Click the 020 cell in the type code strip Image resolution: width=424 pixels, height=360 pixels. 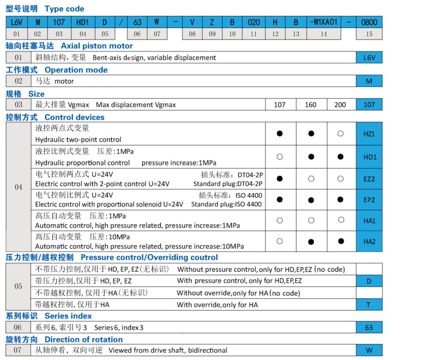point(254,22)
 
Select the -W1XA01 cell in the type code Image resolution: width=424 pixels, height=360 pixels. point(323,22)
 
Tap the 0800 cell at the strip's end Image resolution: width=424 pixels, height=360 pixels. point(369,22)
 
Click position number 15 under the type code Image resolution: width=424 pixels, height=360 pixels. point(369,34)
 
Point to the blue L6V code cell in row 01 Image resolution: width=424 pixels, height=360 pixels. point(369,57)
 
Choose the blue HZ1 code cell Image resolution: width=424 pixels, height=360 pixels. point(369,133)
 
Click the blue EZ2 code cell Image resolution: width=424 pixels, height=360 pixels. point(369,179)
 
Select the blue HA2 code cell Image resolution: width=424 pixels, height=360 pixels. point(369,241)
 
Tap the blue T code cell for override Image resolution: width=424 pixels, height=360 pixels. point(369,305)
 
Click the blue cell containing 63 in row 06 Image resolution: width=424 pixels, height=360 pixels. point(369,327)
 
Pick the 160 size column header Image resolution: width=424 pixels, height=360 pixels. point(311,104)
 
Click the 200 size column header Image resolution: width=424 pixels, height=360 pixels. point(341,104)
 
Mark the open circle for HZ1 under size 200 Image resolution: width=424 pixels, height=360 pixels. point(341,133)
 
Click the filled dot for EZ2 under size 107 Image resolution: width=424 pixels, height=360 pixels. point(280,179)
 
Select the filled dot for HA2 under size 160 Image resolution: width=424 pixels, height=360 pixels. point(311,242)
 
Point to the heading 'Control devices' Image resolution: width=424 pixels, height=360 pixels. point(75,118)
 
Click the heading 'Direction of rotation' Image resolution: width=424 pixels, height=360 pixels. point(84,339)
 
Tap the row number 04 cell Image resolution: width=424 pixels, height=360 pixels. point(18,187)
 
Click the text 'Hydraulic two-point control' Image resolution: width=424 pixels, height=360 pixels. point(78,139)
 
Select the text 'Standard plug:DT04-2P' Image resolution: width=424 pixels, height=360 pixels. point(228,184)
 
